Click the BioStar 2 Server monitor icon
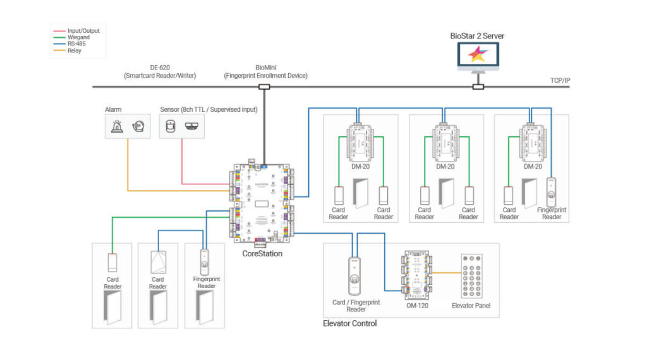click(x=478, y=56)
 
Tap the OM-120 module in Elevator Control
click(x=418, y=275)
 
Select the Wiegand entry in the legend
click(x=78, y=37)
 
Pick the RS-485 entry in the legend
click(x=78, y=44)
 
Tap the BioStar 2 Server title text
click(x=478, y=35)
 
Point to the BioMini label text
click(x=265, y=68)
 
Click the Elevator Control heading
click(x=349, y=323)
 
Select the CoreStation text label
click(x=262, y=253)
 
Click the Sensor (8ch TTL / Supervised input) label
click(x=208, y=109)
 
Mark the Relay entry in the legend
click(x=75, y=51)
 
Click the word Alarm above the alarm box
click(x=113, y=109)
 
